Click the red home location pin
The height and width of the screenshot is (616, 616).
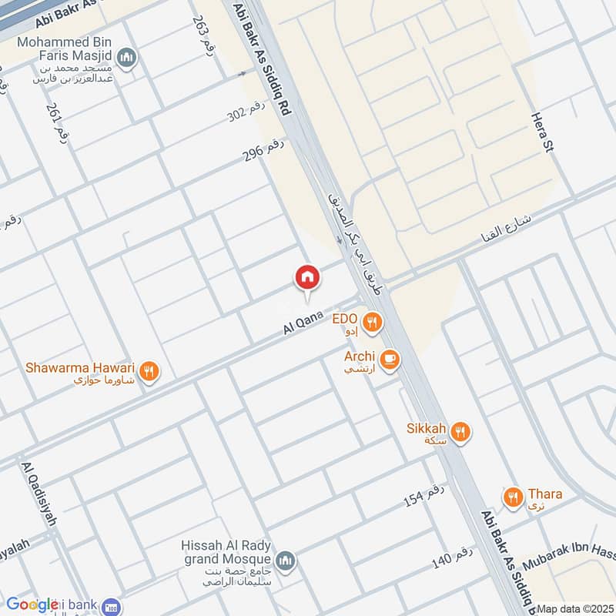click(306, 276)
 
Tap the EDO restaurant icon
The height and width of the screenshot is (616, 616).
click(373, 323)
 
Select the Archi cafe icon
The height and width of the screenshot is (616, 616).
click(390, 360)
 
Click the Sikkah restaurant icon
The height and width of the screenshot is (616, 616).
click(461, 432)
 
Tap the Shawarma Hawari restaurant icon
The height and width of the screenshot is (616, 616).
click(150, 371)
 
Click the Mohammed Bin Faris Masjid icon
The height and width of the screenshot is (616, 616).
click(128, 57)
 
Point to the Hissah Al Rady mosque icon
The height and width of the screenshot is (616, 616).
click(285, 560)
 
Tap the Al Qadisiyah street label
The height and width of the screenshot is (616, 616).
click(40, 494)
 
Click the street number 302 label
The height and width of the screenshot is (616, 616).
click(246, 115)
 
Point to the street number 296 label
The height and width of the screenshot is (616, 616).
click(263, 146)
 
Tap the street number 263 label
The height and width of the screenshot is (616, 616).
click(203, 34)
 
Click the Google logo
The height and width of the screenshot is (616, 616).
click(33, 604)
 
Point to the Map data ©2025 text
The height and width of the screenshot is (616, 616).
click(574, 608)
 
